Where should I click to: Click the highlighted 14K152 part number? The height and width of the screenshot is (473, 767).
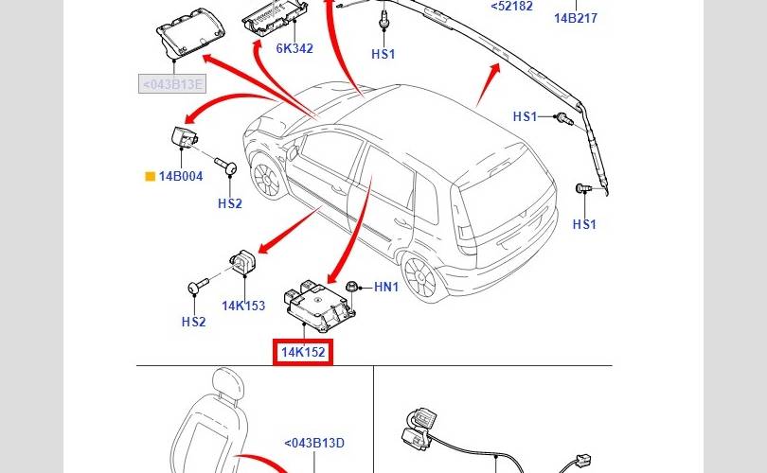pos(303,353)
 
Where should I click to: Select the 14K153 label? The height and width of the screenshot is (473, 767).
pos(243,306)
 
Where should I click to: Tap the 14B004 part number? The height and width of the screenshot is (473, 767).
pos(181,176)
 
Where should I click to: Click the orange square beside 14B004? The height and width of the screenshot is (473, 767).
pos(149,176)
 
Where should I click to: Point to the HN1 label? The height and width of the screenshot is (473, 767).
pos(386,287)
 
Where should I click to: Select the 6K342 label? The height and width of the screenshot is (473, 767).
pos(294,48)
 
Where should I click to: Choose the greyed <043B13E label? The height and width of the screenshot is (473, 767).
pos(172,84)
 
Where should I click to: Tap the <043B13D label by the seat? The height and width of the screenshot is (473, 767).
pos(314,442)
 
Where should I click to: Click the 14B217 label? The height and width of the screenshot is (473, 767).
pos(576,18)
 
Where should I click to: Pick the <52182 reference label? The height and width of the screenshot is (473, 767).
pos(512,6)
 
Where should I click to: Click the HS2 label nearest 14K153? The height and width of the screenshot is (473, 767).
pos(193,322)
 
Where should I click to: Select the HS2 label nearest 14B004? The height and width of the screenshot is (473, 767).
pos(230,202)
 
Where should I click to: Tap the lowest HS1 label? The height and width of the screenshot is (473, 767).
pos(584,224)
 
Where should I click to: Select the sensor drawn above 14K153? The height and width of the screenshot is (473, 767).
pos(244,260)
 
